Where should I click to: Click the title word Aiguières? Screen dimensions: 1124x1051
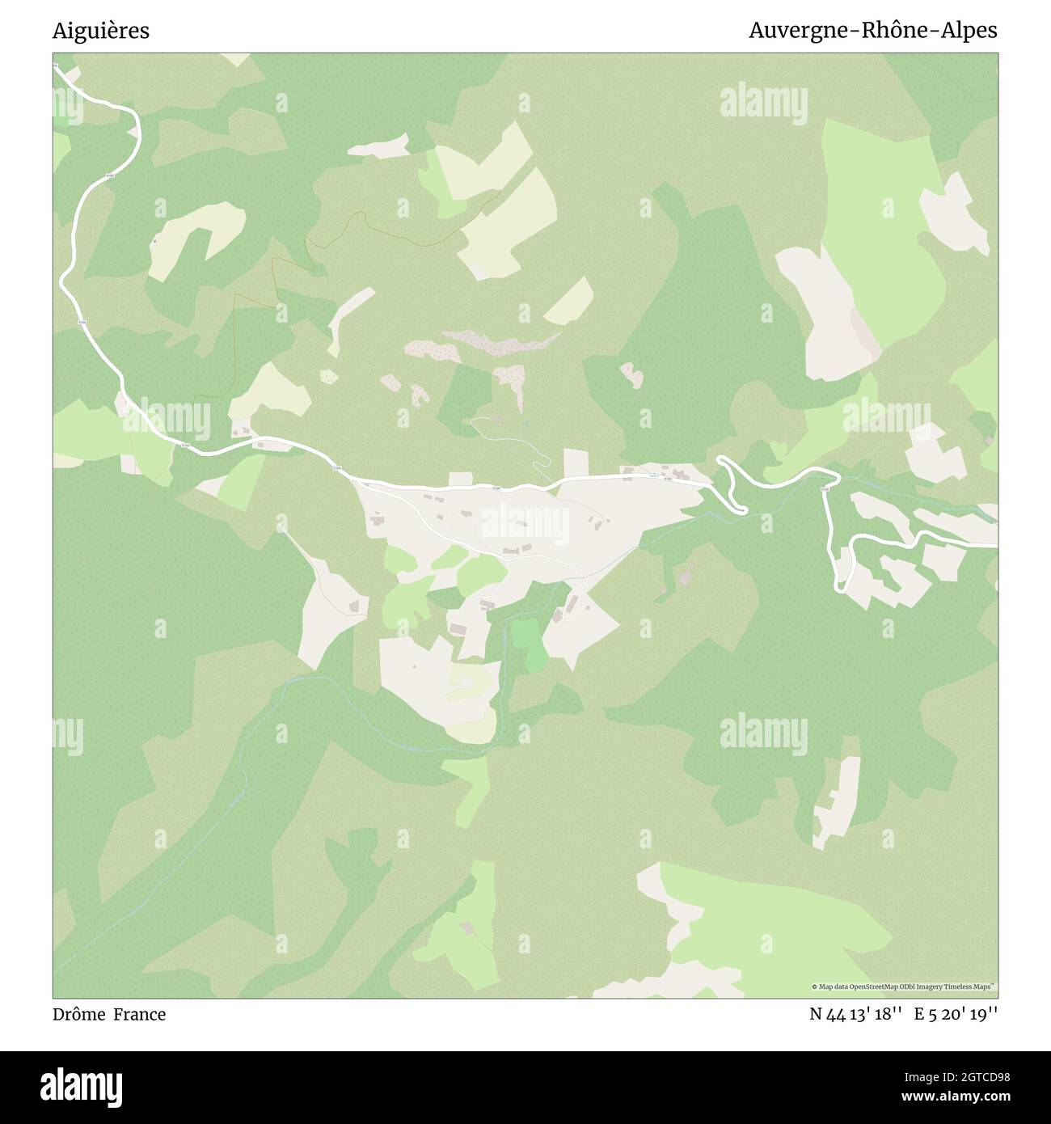(101, 31)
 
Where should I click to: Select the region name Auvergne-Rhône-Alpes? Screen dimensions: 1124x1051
(872, 31)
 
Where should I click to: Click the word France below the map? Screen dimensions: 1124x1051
(139, 1014)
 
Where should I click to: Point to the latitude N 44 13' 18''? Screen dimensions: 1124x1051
(856, 1014)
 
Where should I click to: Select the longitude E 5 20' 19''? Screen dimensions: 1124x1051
(956, 1014)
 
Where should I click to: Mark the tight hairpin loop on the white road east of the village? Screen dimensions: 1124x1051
(730, 483)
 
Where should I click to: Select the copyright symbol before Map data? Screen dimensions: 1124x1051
(814, 987)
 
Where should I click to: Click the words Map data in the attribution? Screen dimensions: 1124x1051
(833, 987)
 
